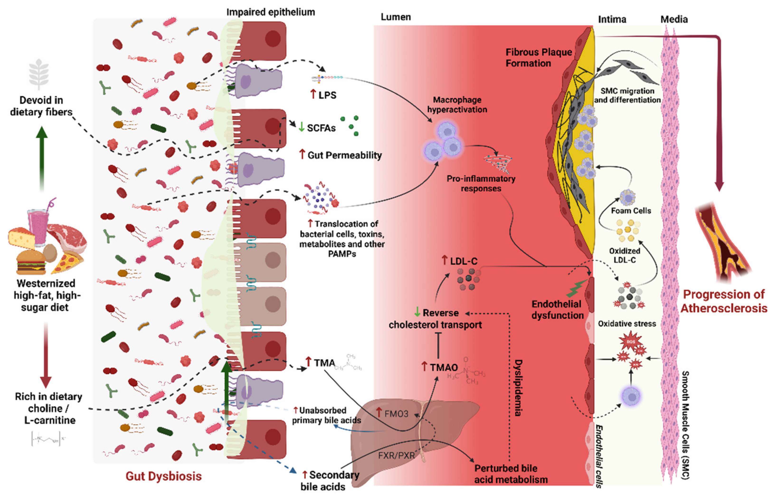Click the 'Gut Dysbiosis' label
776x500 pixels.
click(164, 476)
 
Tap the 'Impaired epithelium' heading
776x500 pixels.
click(270, 12)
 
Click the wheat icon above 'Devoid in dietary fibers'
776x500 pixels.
click(39, 74)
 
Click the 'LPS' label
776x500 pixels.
click(327, 95)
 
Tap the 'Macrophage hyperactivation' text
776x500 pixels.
click(457, 105)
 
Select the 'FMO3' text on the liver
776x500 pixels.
click(396, 414)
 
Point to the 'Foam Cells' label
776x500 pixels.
click(631, 211)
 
